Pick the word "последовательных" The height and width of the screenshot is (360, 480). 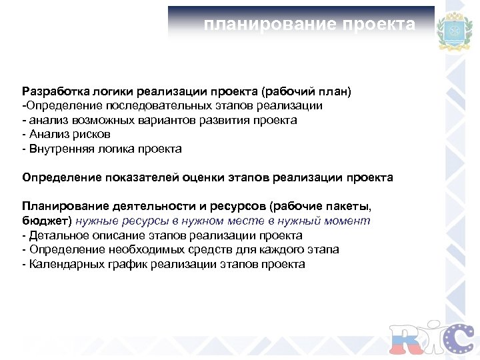point(142,105)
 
